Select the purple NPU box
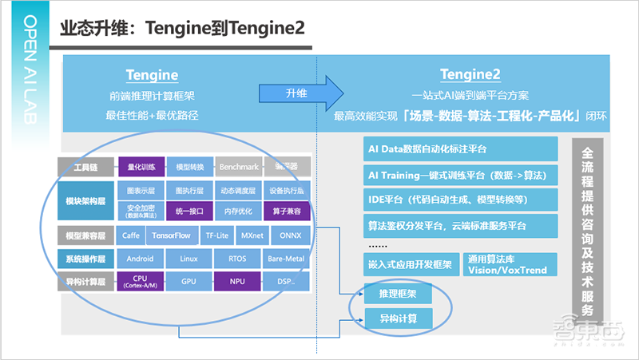tap(237, 281)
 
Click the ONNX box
tap(285, 236)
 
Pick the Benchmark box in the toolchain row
tap(238, 167)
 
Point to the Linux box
tap(189, 259)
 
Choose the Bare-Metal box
tap(285, 259)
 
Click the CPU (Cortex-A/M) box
tap(141, 281)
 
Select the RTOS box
tap(237, 259)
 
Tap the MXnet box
tap(252, 236)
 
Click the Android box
tap(141, 259)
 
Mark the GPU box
tap(189, 281)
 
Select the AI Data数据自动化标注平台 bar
tap(459, 149)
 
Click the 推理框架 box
tap(397, 294)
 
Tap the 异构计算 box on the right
tap(397, 319)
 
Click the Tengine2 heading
tap(470, 75)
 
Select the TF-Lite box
tap(213, 236)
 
